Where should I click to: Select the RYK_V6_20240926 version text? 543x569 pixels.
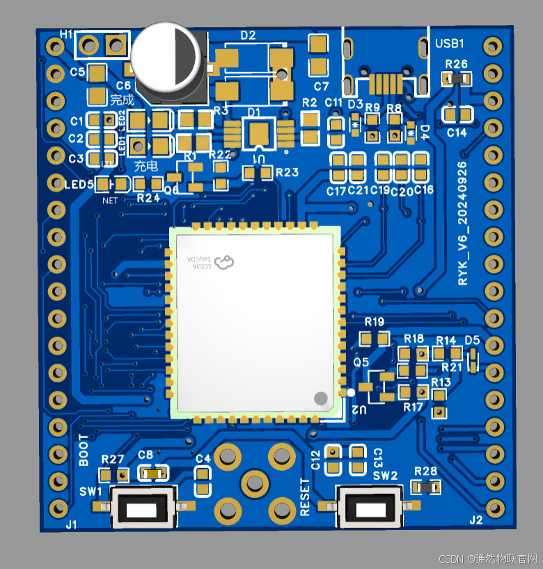pos(464,223)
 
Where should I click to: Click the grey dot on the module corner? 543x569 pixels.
pos(321,398)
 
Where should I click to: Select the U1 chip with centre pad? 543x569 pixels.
pos(258,133)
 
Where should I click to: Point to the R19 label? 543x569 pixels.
pos(375,322)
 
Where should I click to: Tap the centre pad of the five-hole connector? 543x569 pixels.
pos(255,482)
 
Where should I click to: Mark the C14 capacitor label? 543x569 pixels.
pos(457,132)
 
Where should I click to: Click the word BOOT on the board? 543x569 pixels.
pos(84,451)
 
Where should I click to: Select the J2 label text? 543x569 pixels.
pos(476,520)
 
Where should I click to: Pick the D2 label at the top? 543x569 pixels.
pos(248,35)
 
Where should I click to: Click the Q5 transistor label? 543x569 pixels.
pos(361,362)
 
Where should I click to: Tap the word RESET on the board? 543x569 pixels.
pos(305,497)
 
